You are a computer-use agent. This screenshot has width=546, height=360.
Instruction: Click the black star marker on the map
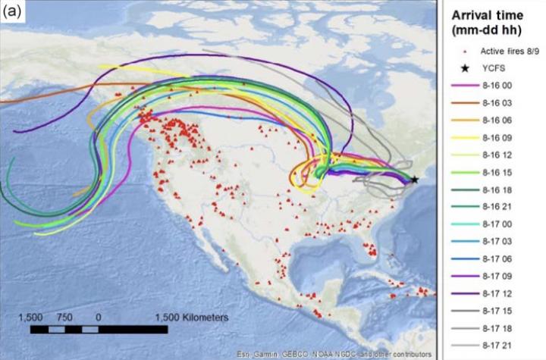pyautogui.click(x=414, y=180)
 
